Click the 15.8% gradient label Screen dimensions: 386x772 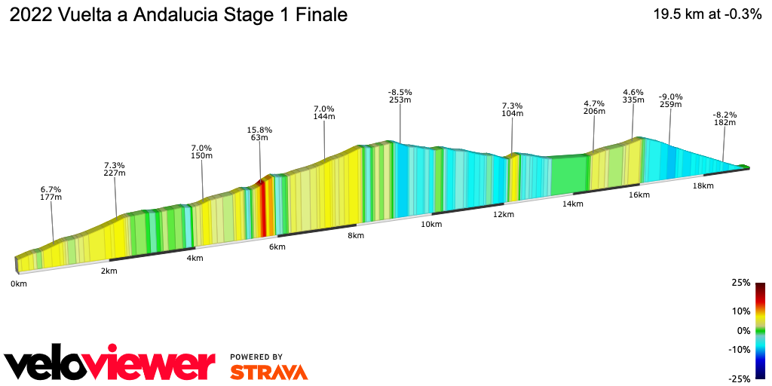tap(259, 130)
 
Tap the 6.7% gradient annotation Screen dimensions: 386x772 tap(51, 189)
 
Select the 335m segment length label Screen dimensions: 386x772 tap(633, 100)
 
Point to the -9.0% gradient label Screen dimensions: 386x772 tap(670, 96)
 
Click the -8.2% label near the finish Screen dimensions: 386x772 tap(725, 115)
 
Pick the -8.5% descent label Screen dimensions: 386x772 tap(400, 92)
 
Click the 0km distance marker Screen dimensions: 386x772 tap(19, 283)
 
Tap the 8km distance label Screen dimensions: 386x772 tap(356, 236)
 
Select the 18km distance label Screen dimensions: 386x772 tap(703, 185)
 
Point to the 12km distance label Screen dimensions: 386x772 tap(504, 215)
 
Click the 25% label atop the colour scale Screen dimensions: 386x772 tap(741, 283)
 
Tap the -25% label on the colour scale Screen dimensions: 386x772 tap(740, 378)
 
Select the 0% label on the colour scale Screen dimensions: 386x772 tap(743, 330)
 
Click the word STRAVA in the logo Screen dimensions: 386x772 tap(268, 372)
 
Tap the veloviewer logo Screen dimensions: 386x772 tap(110, 366)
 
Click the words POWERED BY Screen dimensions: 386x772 tap(256, 357)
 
